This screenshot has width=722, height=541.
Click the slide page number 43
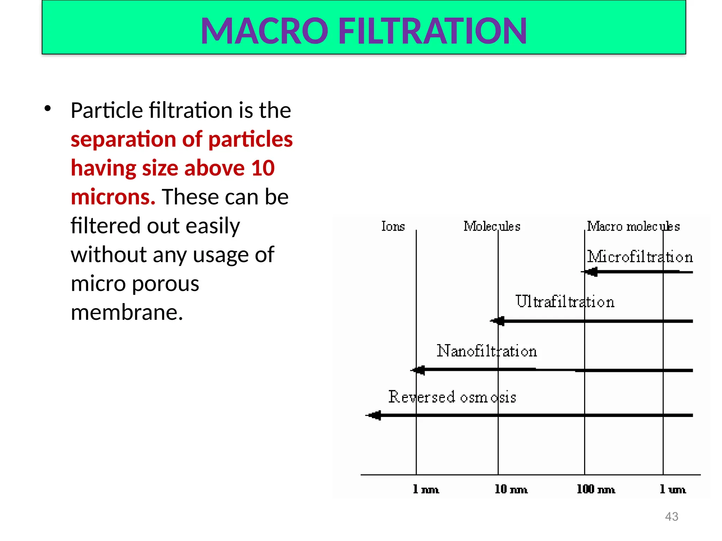tap(671, 516)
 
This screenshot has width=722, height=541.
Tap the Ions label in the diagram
tap(393, 226)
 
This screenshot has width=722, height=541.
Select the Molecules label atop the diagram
tap(492, 226)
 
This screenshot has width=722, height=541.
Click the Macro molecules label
tap(633, 226)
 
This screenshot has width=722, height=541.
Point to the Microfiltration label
tap(640, 257)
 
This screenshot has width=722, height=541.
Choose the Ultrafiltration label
tap(565, 302)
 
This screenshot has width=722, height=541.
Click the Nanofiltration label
tap(487, 351)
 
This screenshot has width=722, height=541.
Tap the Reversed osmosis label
tap(452, 397)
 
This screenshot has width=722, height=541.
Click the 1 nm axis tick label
tap(426, 489)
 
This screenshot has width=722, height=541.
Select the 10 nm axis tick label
tap(511, 489)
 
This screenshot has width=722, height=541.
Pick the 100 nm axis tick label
tap(596, 489)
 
